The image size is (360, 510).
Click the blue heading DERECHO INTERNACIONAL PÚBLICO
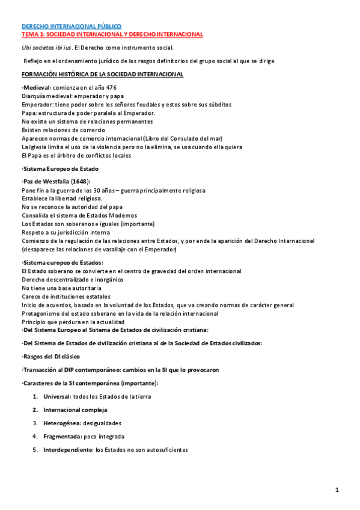click(x=71, y=26)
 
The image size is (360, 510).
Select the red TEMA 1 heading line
click(x=112, y=34)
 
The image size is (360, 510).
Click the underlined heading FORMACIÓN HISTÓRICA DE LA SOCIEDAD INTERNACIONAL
click(x=102, y=74)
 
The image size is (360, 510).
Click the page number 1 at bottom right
click(x=338, y=490)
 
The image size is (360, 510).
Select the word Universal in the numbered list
click(x=56, y=397)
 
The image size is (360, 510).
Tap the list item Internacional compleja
click(x=75, y=410)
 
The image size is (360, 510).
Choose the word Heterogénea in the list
click(x=61, y=423)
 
